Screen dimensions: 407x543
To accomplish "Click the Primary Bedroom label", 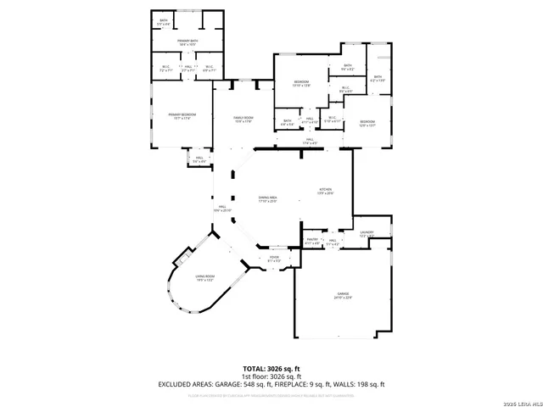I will coord(178,116).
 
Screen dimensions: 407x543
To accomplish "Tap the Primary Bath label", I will coord(188,42).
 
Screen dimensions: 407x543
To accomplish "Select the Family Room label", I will coord(244,120).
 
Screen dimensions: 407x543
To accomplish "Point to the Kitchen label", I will coord(325,191).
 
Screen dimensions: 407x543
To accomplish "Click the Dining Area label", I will coord(268,198).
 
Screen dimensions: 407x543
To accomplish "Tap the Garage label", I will coord(341,295).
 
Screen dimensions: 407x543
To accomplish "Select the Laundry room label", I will coord(367,233).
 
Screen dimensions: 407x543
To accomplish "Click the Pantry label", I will coord(311,241).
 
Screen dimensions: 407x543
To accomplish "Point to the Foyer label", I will coord(274,259).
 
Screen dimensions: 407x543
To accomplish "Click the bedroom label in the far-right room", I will coord(367,123).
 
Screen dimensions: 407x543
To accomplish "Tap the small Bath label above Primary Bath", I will coord(164,21).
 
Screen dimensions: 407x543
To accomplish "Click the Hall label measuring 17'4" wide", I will coord(310,142).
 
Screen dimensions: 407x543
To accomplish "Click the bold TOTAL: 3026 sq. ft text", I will coord(271,369).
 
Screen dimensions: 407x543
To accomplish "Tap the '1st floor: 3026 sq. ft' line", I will coord(271,376).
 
